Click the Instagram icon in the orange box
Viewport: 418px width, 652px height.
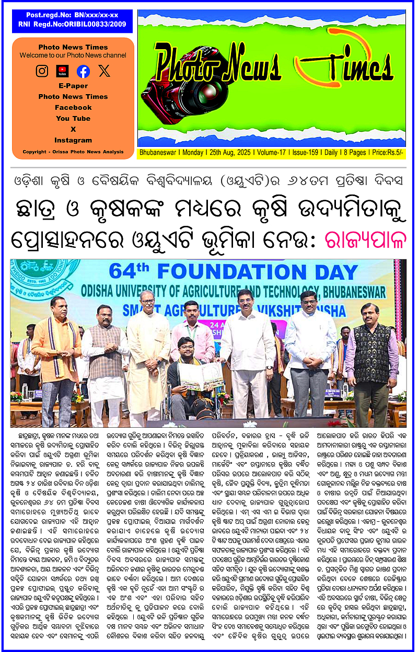click(x=42, y=71)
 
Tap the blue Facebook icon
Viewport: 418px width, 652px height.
click(x=83, y=71)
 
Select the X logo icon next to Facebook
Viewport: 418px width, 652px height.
click(x=104, y=71)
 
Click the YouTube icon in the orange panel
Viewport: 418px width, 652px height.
click(x=63, y=71)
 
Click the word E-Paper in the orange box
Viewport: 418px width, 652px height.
click(x=73, y=86)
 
